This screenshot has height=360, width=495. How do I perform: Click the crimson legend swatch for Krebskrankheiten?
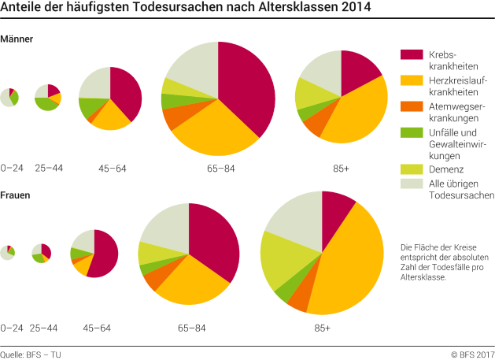point(412,54)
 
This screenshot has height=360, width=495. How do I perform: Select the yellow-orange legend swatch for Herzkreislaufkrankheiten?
point(412,80)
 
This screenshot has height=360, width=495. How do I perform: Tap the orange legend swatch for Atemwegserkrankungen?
point(412,106)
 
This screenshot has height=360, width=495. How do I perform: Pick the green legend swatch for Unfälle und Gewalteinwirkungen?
point(412,132)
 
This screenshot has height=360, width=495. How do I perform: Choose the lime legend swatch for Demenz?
point(412,169)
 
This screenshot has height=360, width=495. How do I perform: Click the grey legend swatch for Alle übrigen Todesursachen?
point(412,184)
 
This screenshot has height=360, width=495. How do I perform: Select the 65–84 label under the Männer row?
point(218,169)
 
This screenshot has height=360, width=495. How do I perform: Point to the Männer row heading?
point(17,39)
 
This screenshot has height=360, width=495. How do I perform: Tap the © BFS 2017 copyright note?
point(472,354)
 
